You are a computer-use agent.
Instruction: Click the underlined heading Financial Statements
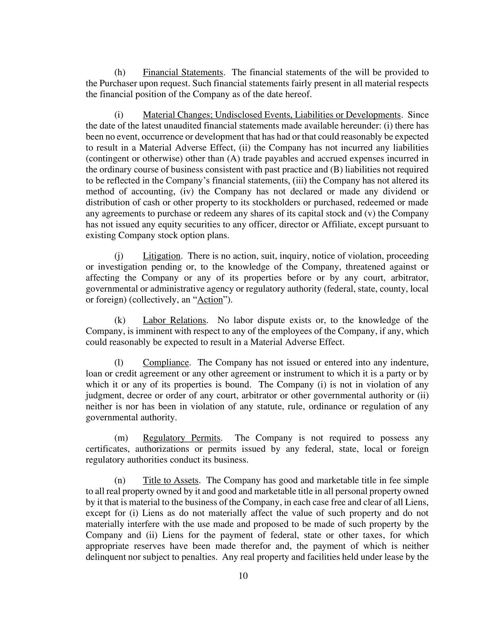pos(183,73)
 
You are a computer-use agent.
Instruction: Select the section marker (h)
pos(120,73)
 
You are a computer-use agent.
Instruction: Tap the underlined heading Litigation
pos(161,256)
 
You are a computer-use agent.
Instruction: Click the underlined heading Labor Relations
pos(174,320)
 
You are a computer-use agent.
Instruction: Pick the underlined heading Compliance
pos(166,363)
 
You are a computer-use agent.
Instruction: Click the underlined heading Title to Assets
pos(170,480)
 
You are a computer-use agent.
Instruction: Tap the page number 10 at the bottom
pos(243,576)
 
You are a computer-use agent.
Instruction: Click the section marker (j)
pos(119,256)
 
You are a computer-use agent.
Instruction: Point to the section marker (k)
pos(120,320)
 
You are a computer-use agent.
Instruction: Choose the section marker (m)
pos(120,438)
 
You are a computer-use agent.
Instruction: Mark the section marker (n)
pos(120,480)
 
